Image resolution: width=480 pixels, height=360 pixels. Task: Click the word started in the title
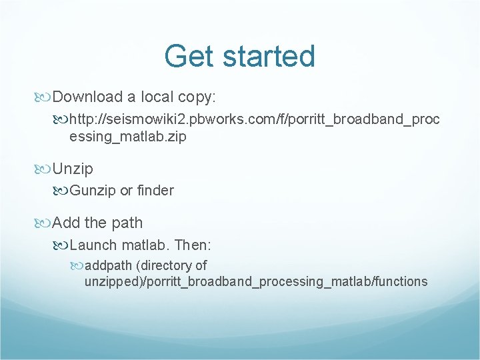[269, 56]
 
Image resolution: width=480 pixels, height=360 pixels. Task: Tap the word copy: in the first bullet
[197, 97]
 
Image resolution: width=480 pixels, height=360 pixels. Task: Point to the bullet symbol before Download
[43, 97]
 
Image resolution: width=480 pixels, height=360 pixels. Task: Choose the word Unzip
[73, 169]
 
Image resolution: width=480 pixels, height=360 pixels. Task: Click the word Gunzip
[93, 191]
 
